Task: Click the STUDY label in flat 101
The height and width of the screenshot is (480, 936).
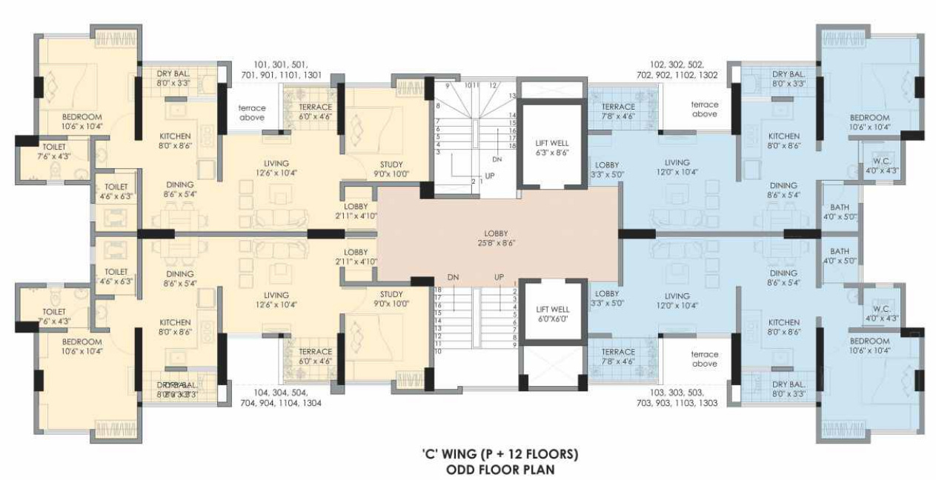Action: [393, 164]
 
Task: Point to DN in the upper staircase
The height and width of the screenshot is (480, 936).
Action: [497, 159]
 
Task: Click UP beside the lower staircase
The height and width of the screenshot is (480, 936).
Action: [499, 277]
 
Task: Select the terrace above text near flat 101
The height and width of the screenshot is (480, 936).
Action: [252, 112]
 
